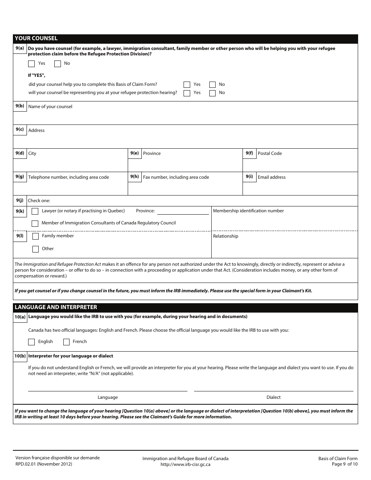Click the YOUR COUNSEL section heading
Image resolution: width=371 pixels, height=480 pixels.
tap(36, 38)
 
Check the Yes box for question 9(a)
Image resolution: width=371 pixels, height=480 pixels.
tap(32, 63)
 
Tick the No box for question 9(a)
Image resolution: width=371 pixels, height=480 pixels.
tap(57, 63)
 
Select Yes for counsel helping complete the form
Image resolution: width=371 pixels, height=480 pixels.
tap(187, 84)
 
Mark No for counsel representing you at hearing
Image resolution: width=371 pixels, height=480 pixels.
tap(212, 93)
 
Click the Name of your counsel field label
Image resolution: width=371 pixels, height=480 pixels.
tap(50, 107)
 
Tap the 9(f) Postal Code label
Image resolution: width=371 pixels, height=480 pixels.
tap(269, 153)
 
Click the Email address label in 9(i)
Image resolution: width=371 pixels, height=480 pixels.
tap(271, 177)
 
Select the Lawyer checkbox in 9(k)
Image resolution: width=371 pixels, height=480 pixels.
tap(35, 211)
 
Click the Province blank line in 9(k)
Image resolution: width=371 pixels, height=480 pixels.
tap(183, 211)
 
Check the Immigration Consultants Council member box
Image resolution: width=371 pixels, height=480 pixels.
tap(35, 223)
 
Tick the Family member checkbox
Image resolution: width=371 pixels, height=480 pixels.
tap(36, 236)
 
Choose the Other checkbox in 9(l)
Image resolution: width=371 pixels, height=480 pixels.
tap(36, 249)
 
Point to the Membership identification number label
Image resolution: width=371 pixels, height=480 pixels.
tap(248, 211)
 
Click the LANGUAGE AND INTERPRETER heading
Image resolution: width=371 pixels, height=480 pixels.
tap(55, 307)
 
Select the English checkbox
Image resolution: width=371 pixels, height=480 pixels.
tap(32, 342)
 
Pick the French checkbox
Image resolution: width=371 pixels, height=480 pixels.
tap(66, 342)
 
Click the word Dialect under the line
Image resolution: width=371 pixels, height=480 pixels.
tap(273, 397)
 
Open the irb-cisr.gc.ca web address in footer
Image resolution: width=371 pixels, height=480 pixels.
tap(185, 464)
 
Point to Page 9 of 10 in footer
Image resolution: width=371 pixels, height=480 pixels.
tap(344, 464)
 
